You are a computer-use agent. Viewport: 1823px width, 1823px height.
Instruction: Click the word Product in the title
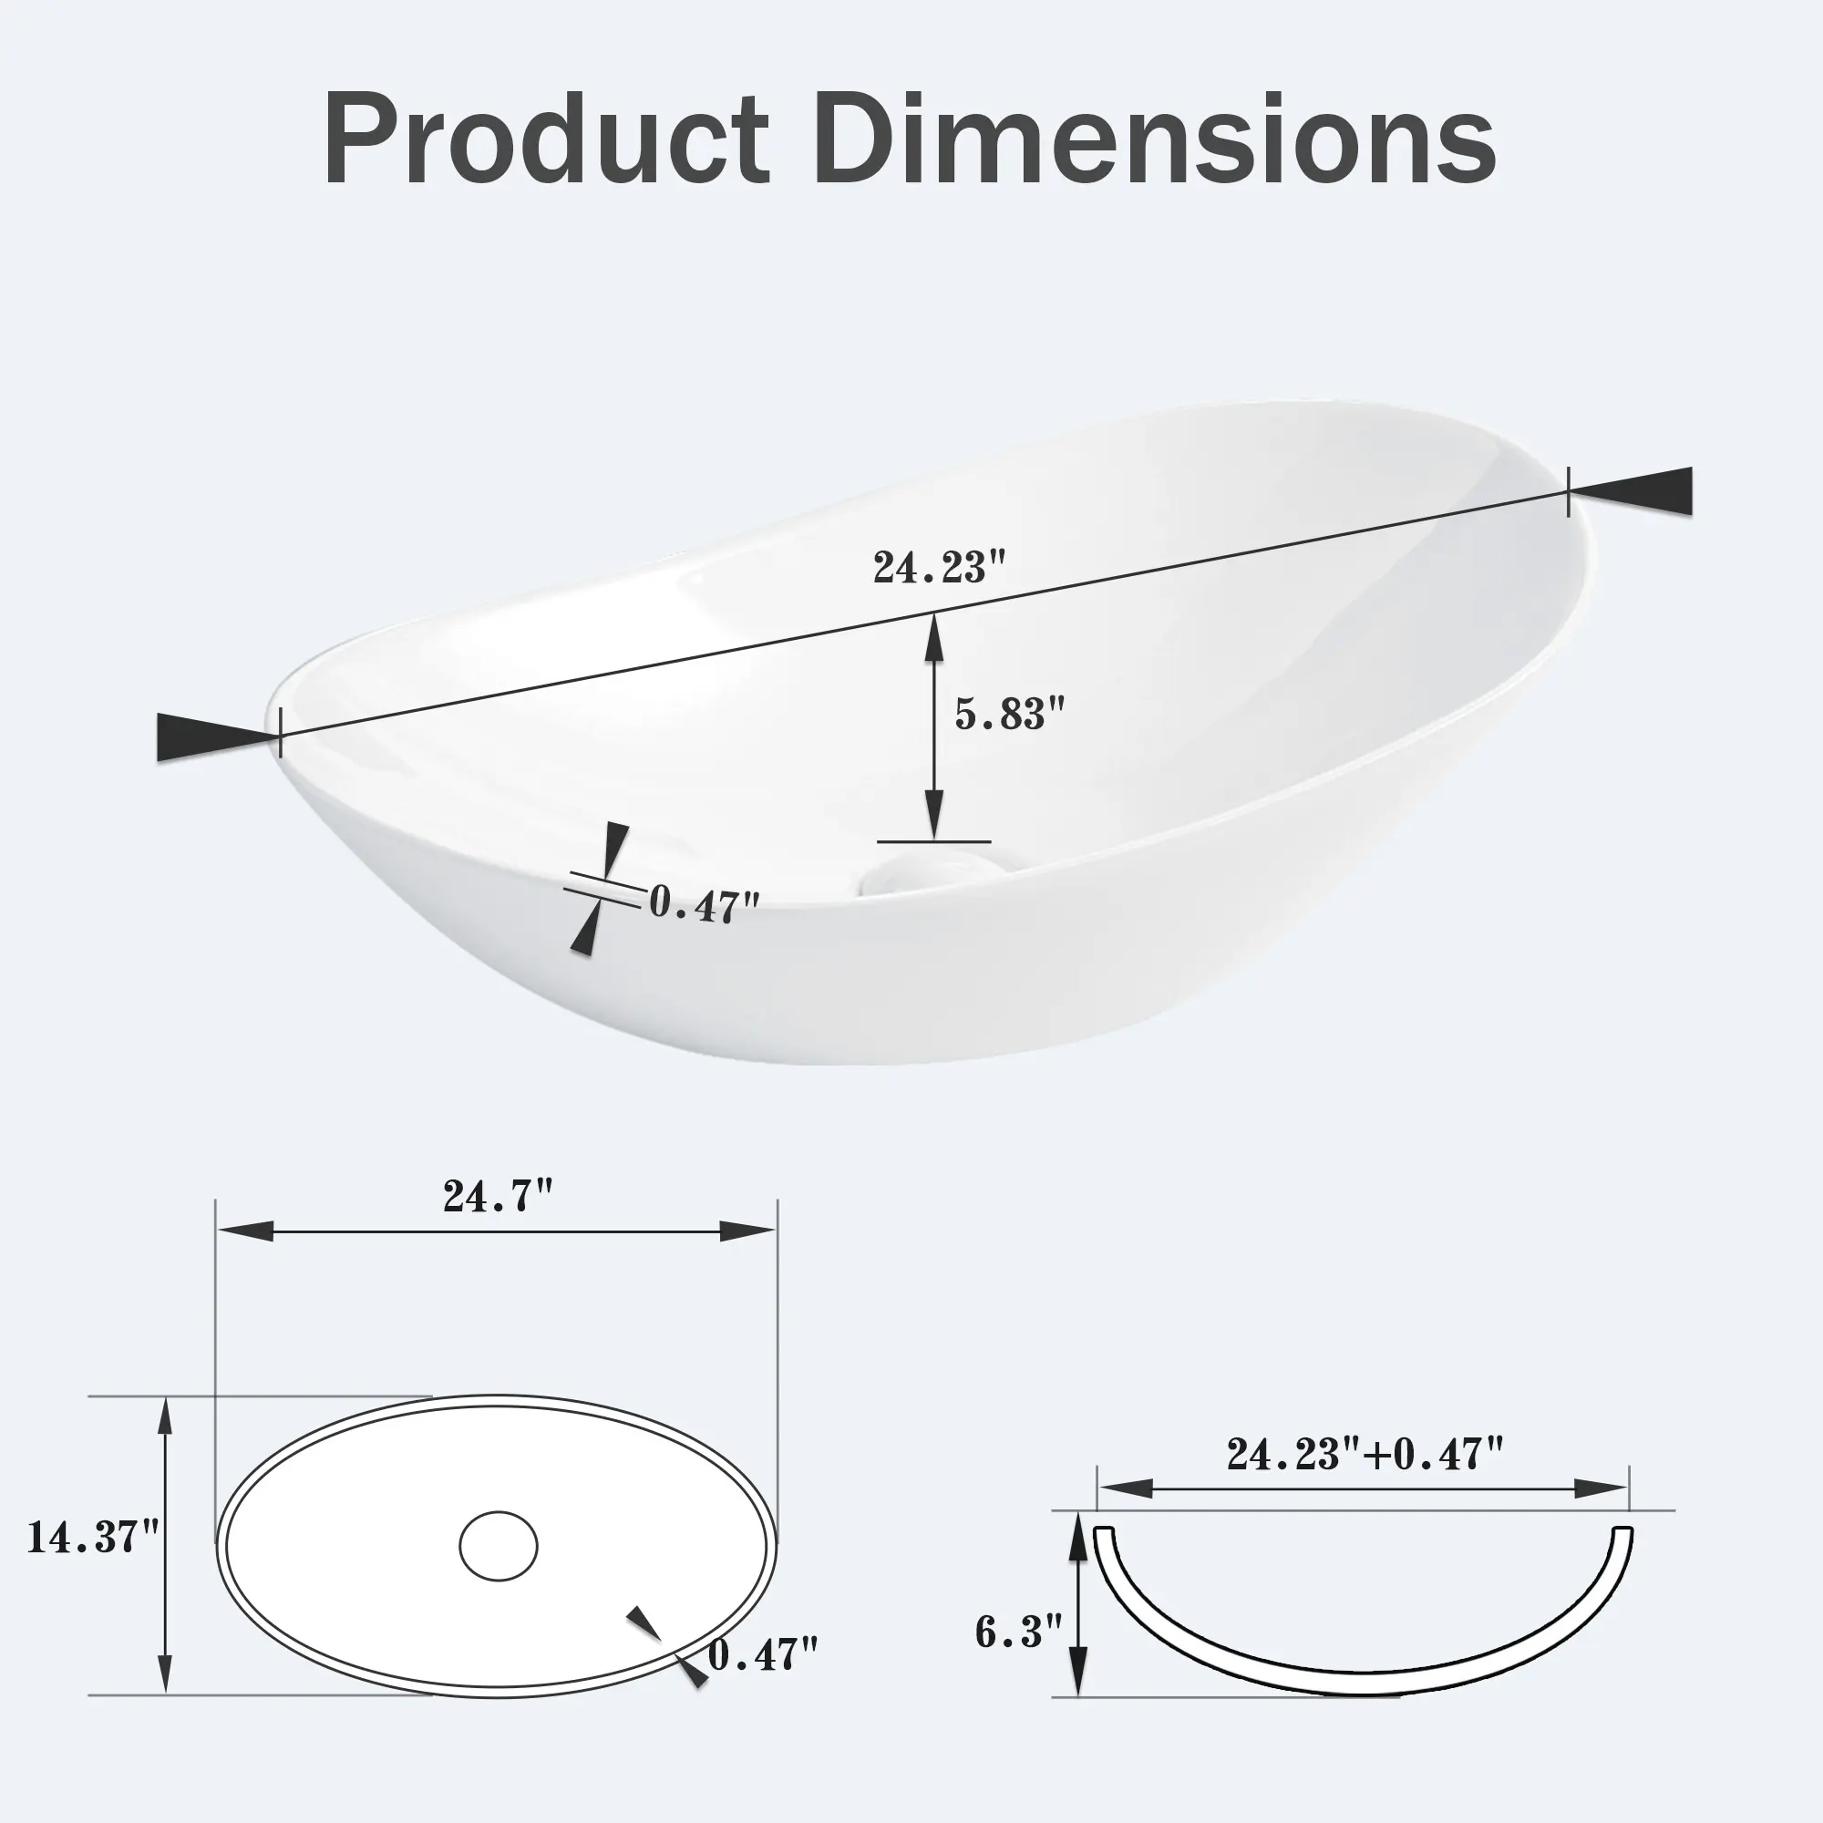click(x=546, y=139)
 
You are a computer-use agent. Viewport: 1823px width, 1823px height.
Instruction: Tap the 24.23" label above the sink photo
click(x=940, y=567)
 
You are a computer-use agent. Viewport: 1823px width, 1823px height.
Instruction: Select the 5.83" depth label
click(x=1010, y=714)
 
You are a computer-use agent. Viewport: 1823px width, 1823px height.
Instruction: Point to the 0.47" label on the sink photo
click(x=704, y=904)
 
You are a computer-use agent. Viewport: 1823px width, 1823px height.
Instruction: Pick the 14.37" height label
click(x=92, y=1537)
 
